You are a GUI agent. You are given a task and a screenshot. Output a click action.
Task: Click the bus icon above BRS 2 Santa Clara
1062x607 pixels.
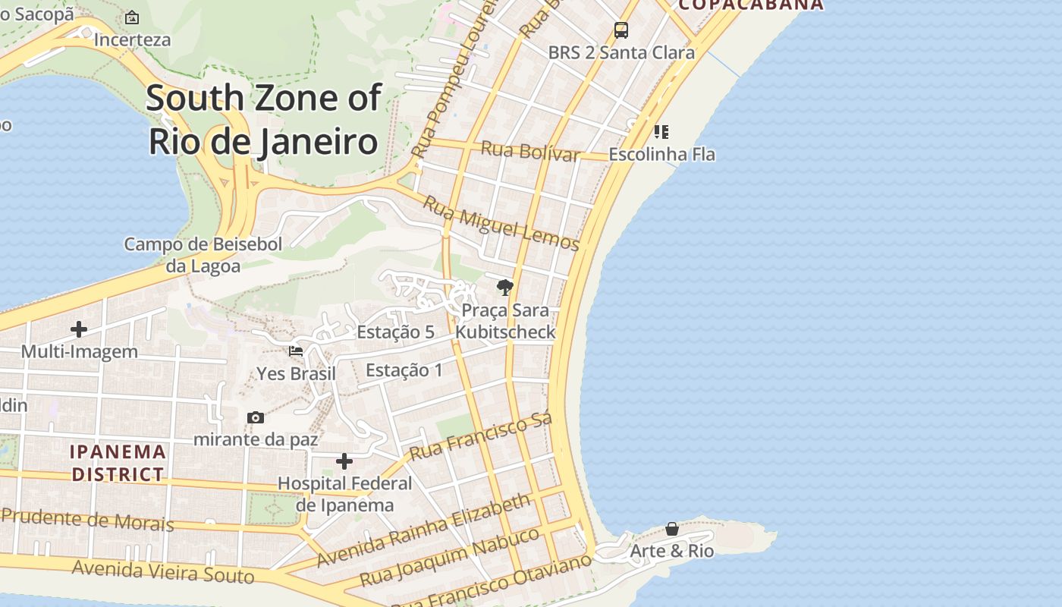coord(621,30)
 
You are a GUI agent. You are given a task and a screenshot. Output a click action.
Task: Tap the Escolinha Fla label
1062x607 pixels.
coord(662,154)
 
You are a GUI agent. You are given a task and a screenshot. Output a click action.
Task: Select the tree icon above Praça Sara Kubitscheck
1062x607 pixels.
coord(504,287)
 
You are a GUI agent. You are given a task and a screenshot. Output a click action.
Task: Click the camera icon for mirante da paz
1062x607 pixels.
coord(256,417)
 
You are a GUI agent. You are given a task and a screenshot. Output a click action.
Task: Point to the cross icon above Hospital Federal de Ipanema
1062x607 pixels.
coord(344,461)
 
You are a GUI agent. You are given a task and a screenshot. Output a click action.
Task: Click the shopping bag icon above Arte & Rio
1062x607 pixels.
coord(672,529)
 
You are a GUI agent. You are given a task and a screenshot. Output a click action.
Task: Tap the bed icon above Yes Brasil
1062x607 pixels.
coord(296,351)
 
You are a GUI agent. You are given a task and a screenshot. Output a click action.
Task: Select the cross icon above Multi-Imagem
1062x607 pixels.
coord(79,329)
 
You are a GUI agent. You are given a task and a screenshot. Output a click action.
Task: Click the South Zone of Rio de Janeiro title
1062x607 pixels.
coord(263,120)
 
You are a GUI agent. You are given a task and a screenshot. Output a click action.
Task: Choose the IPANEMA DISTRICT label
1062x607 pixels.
coord(118,463)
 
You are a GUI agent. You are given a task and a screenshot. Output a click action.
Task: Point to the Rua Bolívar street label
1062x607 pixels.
coord(530,150)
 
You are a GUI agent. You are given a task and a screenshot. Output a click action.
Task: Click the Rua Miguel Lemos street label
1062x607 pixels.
coord(501,223)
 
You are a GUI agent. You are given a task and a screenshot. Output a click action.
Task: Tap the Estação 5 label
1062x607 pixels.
coord(395,332)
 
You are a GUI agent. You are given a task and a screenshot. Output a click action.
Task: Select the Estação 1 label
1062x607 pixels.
coord(404,370)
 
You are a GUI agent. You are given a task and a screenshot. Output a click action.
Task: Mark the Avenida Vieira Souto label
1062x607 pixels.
coord(163,571)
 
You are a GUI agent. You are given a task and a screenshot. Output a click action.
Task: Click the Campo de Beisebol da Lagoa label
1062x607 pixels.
coord(203,255)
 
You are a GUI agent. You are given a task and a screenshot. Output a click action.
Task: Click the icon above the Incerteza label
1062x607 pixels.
coord(132,17)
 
